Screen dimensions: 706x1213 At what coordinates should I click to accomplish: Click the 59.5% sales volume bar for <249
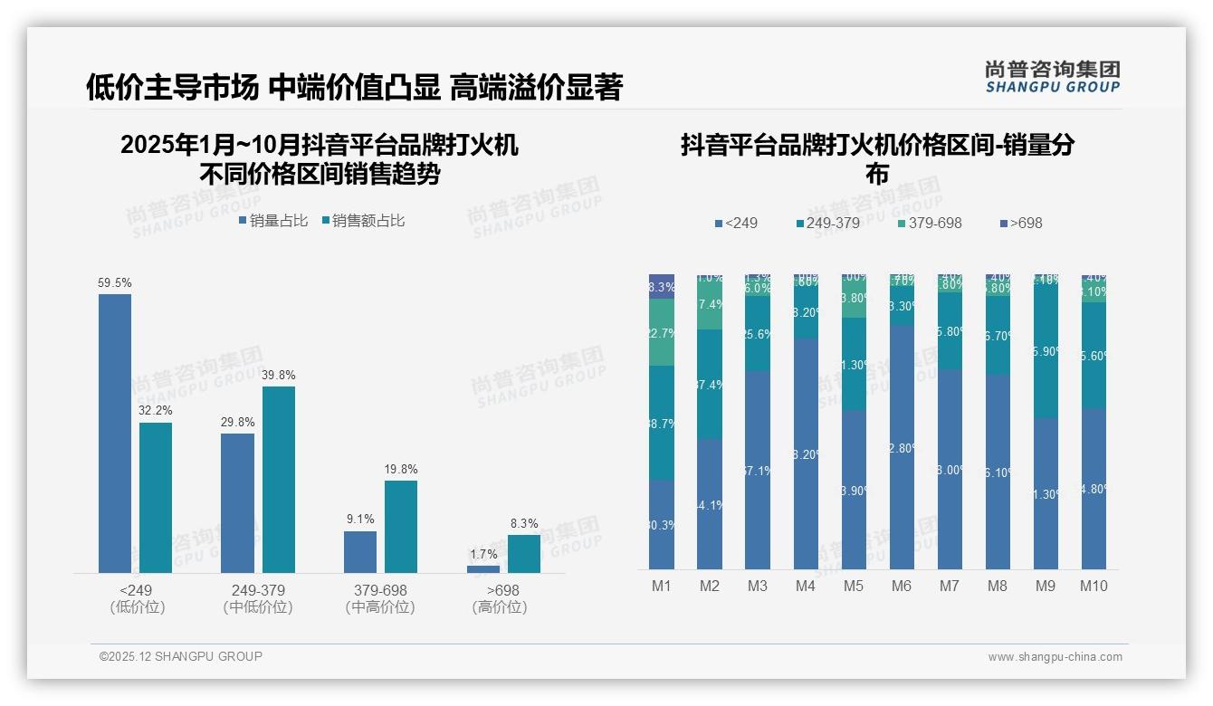click(115, 433)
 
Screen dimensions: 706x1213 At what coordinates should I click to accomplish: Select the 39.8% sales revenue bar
click(279, 480)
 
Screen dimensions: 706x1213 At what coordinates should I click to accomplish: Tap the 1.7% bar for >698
click(483, 569)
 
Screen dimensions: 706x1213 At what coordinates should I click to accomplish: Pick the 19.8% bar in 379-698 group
click(401, 526)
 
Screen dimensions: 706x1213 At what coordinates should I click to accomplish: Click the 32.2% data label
click(155, 411)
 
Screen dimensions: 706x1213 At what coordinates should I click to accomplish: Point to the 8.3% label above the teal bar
click(523, 523)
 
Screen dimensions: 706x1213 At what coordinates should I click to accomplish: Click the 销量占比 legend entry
click(272, 221)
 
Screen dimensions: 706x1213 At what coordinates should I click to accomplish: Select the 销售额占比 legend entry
click(362, 221)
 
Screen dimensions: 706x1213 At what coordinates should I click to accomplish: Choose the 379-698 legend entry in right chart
click(930, 223)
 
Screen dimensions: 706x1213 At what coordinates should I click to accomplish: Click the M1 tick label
click(662, 586)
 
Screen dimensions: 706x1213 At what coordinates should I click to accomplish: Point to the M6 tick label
click(902, 586)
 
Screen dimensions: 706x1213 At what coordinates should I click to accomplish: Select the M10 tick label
click(1094, 586)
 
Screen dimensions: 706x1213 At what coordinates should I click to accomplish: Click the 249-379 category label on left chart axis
click(258, 591)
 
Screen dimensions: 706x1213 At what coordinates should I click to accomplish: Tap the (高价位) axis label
click(500, 607)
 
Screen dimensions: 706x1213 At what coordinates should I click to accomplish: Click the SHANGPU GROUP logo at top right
click(1053, 77)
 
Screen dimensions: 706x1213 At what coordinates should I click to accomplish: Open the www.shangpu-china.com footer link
click(1055, 657)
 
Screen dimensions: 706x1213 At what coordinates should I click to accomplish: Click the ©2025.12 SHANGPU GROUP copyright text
click(181, 656)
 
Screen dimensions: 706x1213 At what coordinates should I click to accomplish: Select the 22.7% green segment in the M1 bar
click(662, 332)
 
